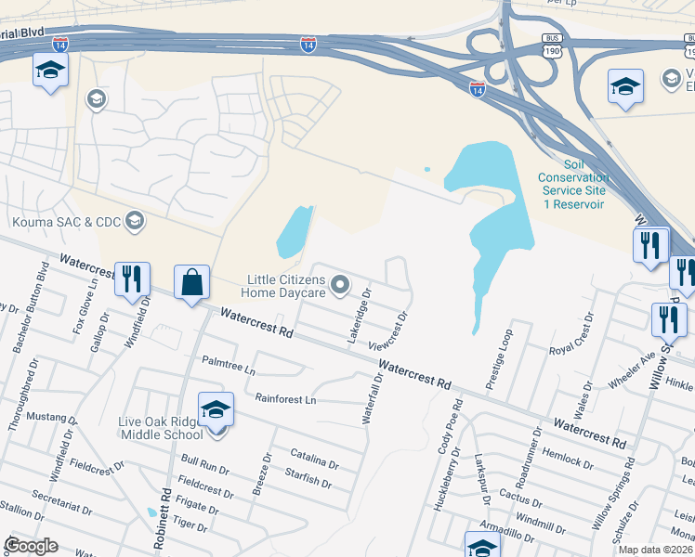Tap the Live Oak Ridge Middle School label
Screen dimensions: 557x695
(x=160, y=428)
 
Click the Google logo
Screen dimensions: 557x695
(x=31, y=546)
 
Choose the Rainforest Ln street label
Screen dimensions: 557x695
(x=285, y=399)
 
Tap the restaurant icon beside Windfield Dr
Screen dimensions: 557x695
(x=131, y=278)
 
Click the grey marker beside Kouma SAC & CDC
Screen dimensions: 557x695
(x=135, y=221)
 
